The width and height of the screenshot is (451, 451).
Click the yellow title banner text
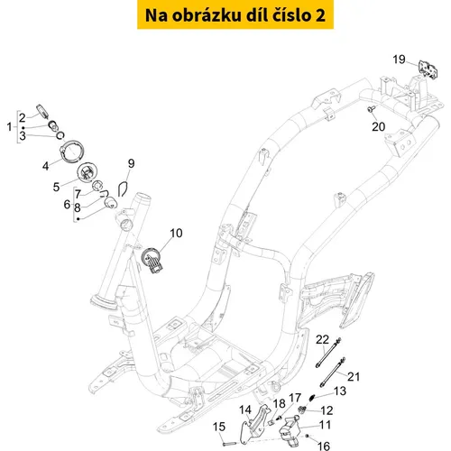click(x=235, y=15)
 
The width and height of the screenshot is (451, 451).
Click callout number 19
click(x=399, y=60)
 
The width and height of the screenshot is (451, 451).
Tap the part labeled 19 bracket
click(x=428, y=69)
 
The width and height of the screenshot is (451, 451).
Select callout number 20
click(x=378, y=126)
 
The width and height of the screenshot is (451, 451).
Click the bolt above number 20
click(x=372, y=108)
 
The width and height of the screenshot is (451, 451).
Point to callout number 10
click(x=176, y=233)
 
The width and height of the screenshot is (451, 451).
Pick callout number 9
click(x=131, y=163)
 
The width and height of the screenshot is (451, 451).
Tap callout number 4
click(x=45, y=166)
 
